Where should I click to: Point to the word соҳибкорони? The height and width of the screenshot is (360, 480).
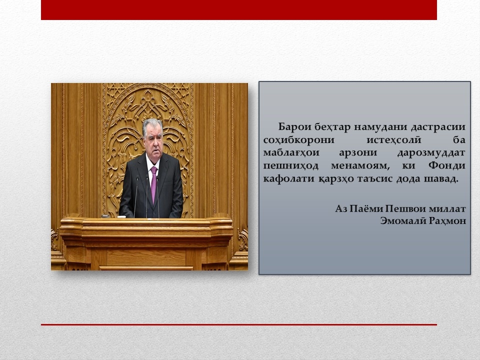[299, 140]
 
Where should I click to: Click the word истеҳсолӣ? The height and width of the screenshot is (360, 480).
[394, 140]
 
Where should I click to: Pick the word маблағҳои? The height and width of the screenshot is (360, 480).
[291, 153]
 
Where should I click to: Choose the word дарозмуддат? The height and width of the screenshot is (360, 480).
[431, 153]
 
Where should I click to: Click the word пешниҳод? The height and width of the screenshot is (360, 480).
[291, 165]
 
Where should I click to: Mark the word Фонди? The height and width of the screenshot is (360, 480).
[446, 165]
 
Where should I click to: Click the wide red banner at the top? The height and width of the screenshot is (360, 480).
[239, 10]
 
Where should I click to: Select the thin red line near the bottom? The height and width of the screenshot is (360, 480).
[239, 324]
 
